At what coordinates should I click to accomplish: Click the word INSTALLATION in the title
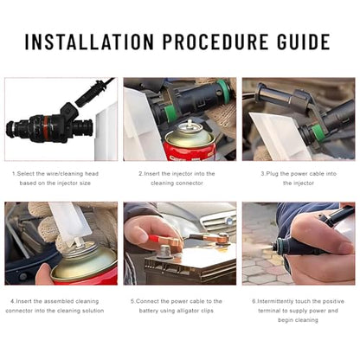coord(89,42)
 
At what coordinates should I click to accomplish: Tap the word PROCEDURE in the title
coord(215,42)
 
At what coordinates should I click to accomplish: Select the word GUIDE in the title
coord(304,42)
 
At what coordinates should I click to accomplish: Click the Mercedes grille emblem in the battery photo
coord(229,222)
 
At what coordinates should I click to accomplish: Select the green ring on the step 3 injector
coord(316,132)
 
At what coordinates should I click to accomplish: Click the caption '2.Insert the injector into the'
coord(177,174)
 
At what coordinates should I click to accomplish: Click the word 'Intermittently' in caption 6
coord(275,301)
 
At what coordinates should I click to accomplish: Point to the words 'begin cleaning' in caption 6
coord(298,320)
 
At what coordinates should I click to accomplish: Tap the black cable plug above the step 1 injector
coord(87,93)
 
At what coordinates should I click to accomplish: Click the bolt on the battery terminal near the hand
coord(164,248)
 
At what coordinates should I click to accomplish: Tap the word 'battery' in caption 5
coord(149,311)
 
